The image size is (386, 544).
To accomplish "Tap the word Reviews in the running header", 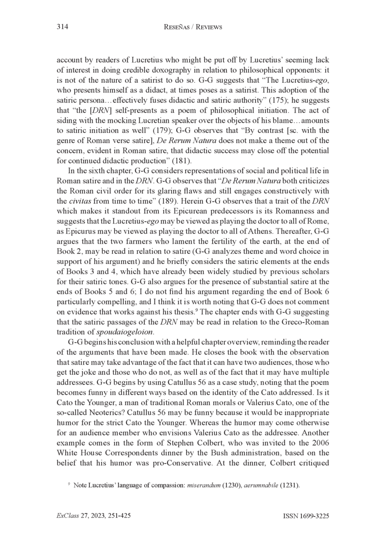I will point(206,27).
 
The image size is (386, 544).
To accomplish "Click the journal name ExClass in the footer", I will point(69,516).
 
